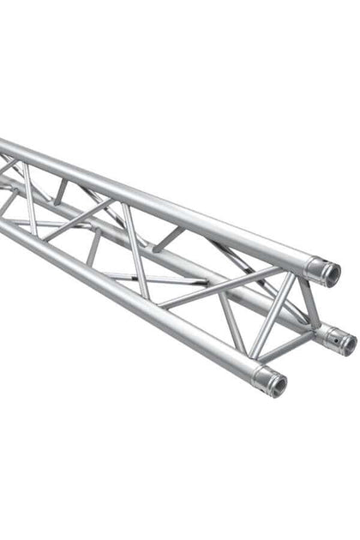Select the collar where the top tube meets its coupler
click(313, 267)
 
